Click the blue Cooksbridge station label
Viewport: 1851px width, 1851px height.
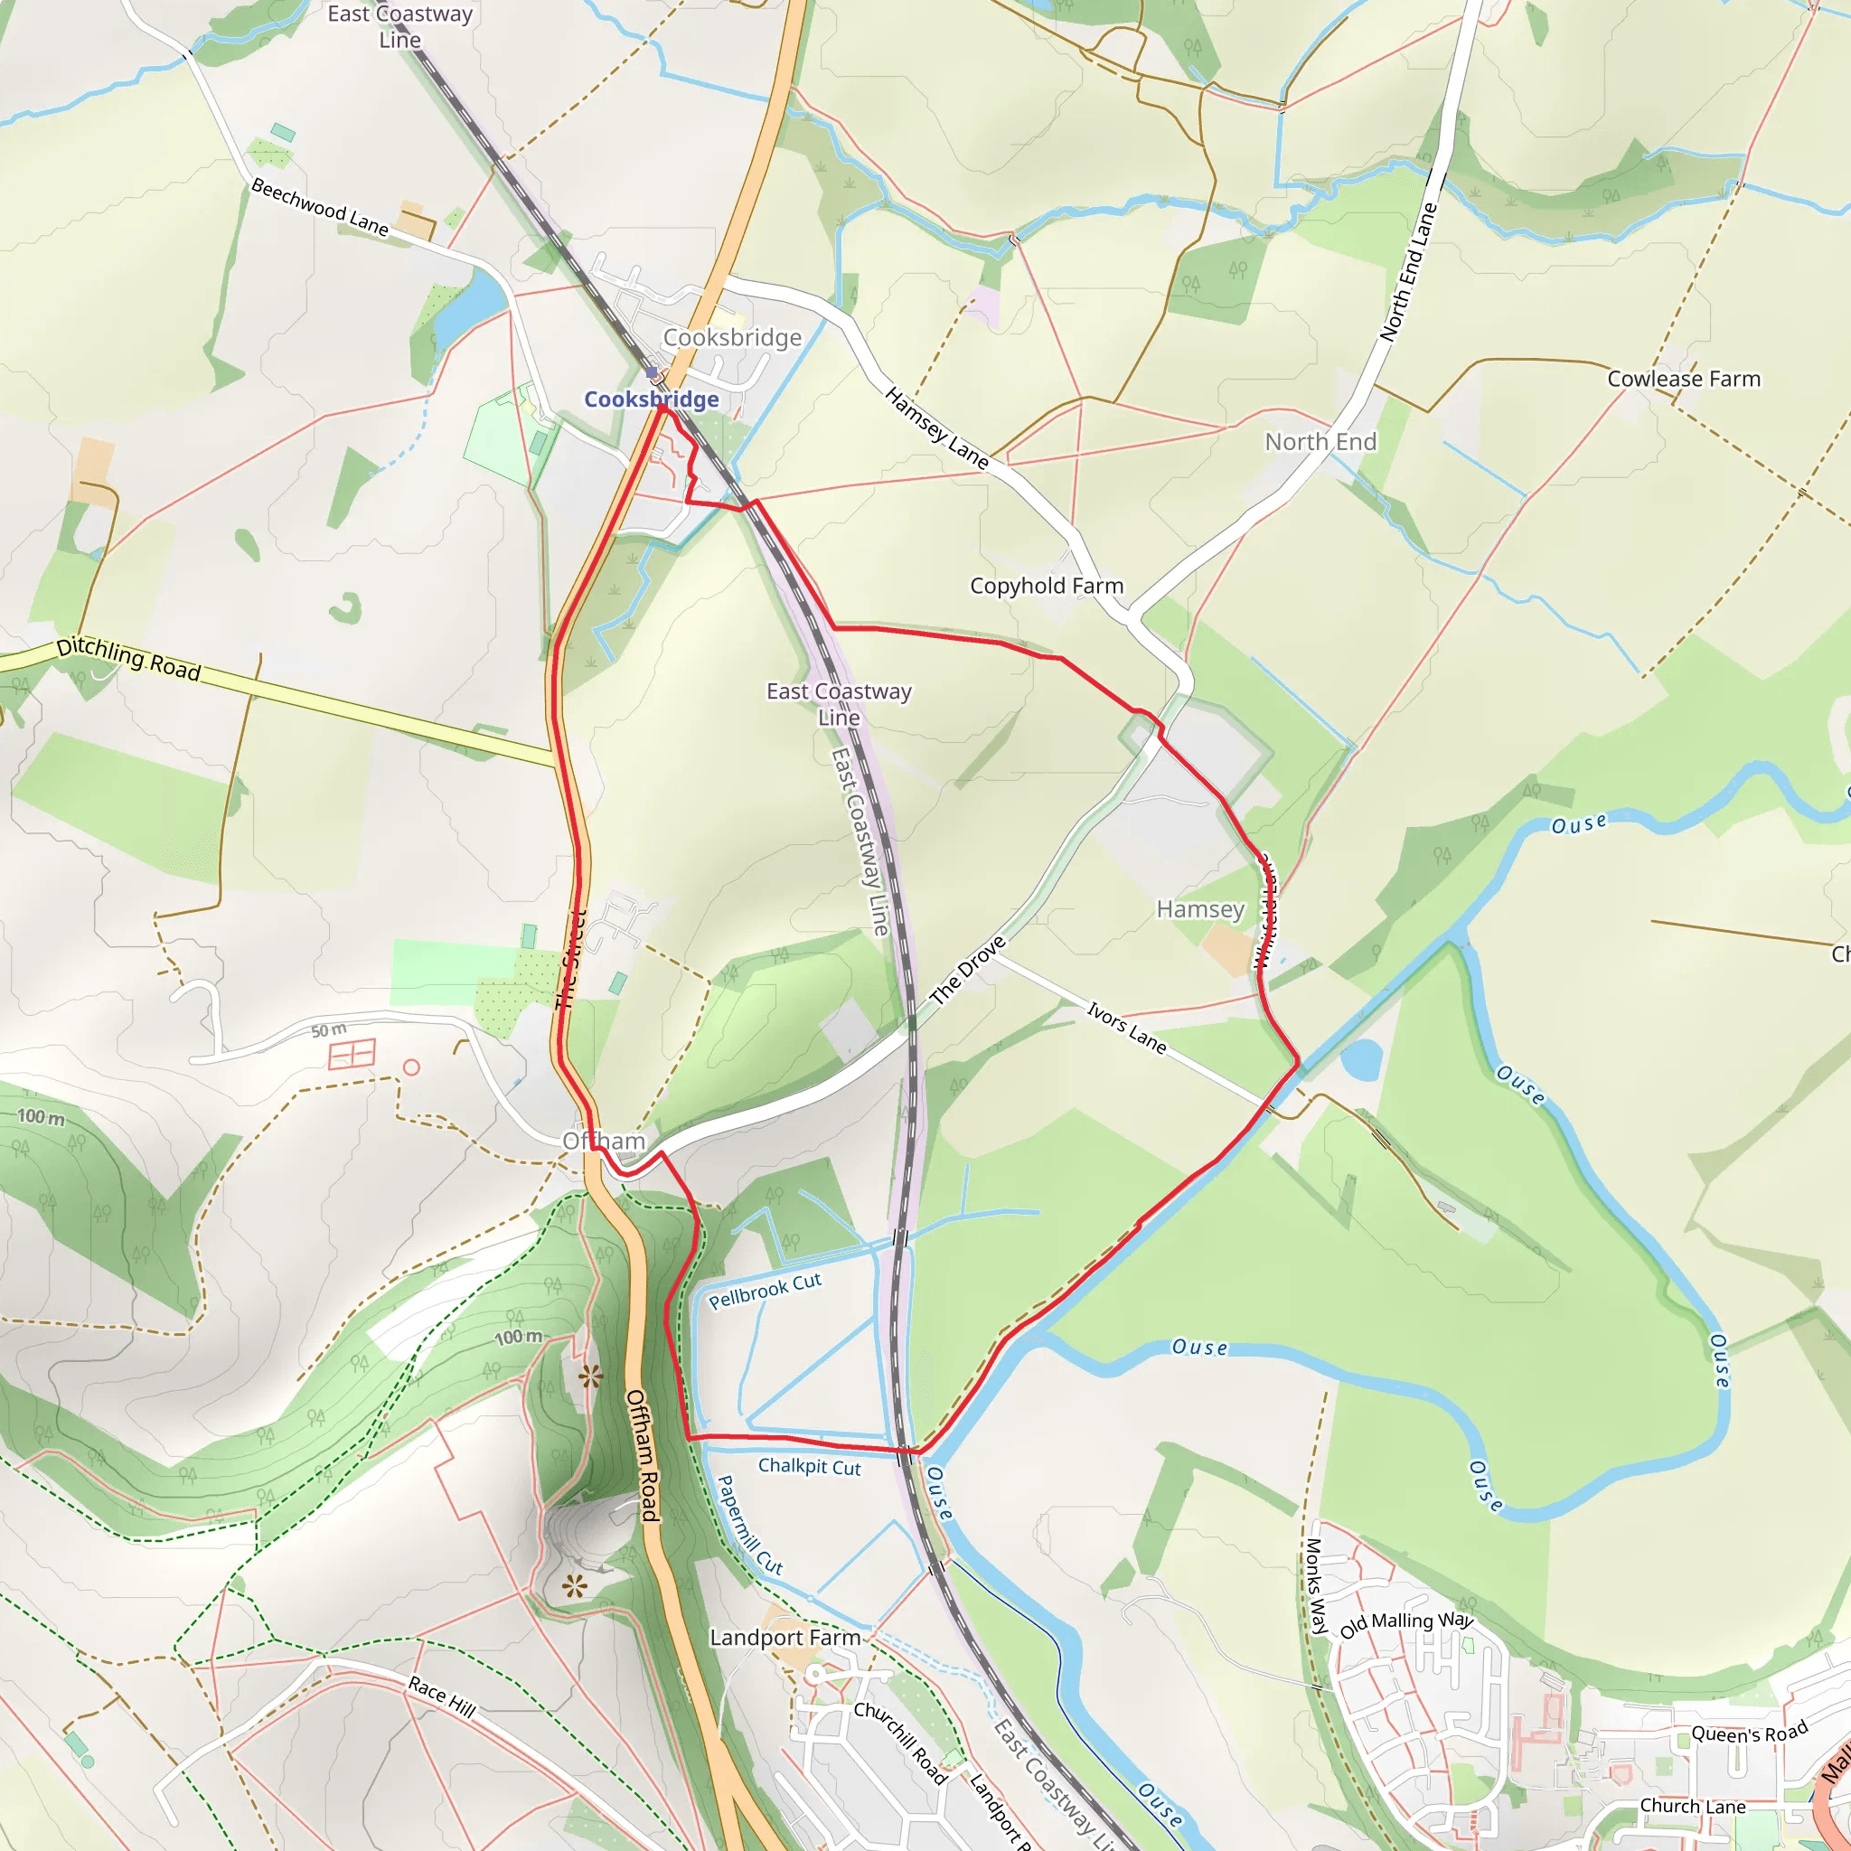[x=652, y=399]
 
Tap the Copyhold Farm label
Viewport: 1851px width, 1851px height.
[x=1047, y=586]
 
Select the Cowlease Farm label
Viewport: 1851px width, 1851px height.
[x=1683, y=379]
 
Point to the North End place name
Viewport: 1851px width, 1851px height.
[x=1320, y=442]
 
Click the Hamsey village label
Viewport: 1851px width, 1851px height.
[x=1199, y=908]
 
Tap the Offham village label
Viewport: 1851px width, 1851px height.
[x=604, y=1140]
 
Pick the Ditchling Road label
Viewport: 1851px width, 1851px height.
[x=128, y=659]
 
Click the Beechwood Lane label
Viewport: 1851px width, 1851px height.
[x=319, y=207]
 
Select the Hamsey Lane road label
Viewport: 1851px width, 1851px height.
[x=936, y=428]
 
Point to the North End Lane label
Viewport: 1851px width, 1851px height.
[x=1409, y=272]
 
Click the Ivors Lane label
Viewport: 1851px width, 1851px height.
[x=1127, y=1027]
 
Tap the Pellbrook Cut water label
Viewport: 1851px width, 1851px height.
[x=765, y=1291]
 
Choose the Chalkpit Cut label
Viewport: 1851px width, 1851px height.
[x=810, y=1466]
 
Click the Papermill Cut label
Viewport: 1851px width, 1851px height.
[x=749, y=1526]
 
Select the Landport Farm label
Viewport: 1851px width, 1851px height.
[x=785, y=1638]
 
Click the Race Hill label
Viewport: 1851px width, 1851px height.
[x=442, y=1696]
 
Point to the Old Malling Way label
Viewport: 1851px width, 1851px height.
[x=1405, y=1624]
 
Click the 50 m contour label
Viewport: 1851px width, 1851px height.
[x=329, y=1031]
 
